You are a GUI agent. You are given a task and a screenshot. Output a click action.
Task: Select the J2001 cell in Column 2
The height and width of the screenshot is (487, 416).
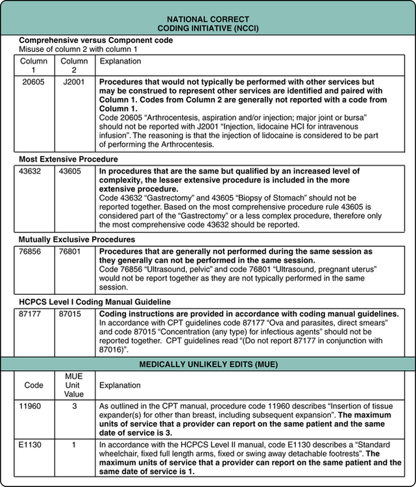pos(74,83)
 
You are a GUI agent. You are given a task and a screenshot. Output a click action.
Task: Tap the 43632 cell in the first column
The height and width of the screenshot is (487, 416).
pos(32,171)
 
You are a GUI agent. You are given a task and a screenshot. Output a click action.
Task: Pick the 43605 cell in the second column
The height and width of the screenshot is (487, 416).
pos(71,171)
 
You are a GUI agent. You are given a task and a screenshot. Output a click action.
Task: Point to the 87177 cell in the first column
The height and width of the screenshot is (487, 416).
pos(32,314)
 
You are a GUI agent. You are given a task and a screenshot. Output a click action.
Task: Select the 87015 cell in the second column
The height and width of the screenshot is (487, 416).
pos(71,314)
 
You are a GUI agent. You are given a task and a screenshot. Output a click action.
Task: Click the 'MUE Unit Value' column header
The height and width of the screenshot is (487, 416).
pos(73,385)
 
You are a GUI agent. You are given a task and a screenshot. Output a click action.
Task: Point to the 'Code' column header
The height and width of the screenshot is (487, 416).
pos(34,385)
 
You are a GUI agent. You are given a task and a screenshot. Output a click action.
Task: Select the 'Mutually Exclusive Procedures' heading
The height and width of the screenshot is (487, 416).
pos(68,239)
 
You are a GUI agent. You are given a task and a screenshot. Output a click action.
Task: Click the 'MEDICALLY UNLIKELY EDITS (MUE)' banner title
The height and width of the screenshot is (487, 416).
pos(208,364)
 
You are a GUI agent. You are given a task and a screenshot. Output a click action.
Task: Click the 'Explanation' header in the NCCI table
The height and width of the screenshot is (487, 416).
pos(120,61)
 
